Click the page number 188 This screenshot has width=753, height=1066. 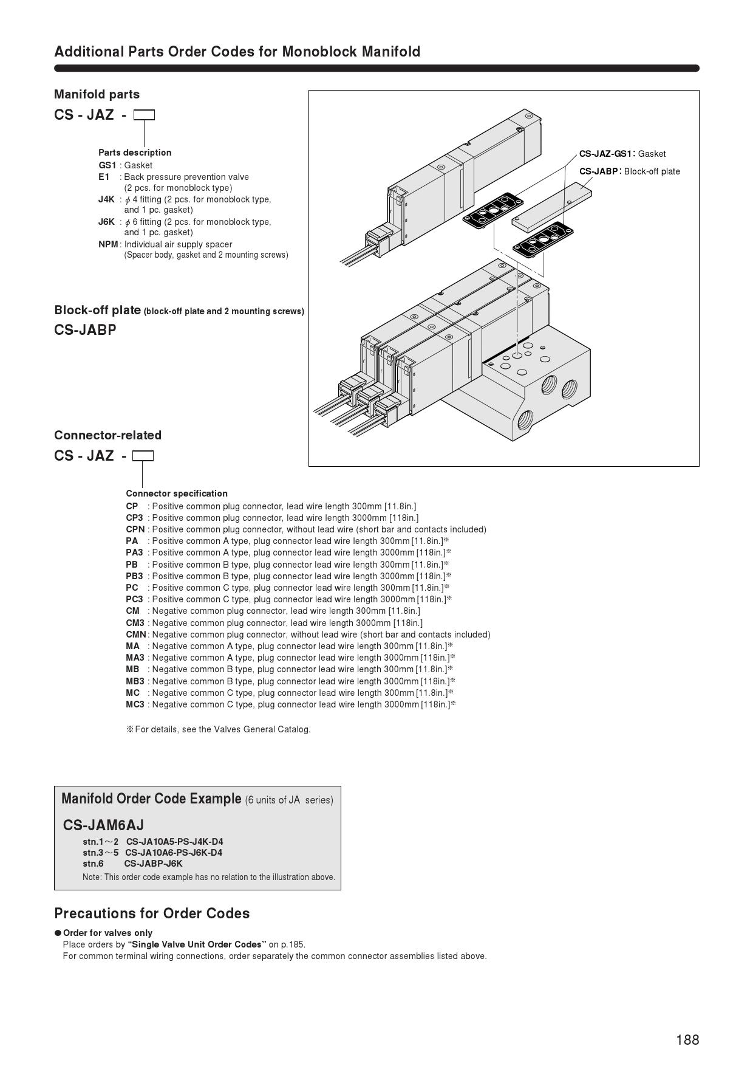pos(687,1040)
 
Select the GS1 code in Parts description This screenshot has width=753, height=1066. pos(107,165)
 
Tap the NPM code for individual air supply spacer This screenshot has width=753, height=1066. pos(108,244)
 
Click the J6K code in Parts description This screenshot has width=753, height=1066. pos(106,222)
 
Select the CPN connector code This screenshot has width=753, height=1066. pos(135,529)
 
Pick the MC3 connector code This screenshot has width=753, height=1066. pos(135,704)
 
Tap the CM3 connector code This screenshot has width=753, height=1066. pos(135,623)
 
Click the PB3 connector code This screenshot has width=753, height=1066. pos(134,576)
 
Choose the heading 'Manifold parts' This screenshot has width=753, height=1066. pos(97,94)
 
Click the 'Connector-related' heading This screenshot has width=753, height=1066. pos(107,435)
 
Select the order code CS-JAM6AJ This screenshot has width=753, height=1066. pos(103,825)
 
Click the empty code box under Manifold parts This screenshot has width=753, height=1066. pos(144,115)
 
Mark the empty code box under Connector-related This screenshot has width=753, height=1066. pos(143,456)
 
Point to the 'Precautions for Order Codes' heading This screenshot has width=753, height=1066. pos(152,913)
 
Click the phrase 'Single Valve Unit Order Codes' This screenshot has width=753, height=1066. pos(197,944)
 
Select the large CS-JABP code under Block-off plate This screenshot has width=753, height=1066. pos(85,330)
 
